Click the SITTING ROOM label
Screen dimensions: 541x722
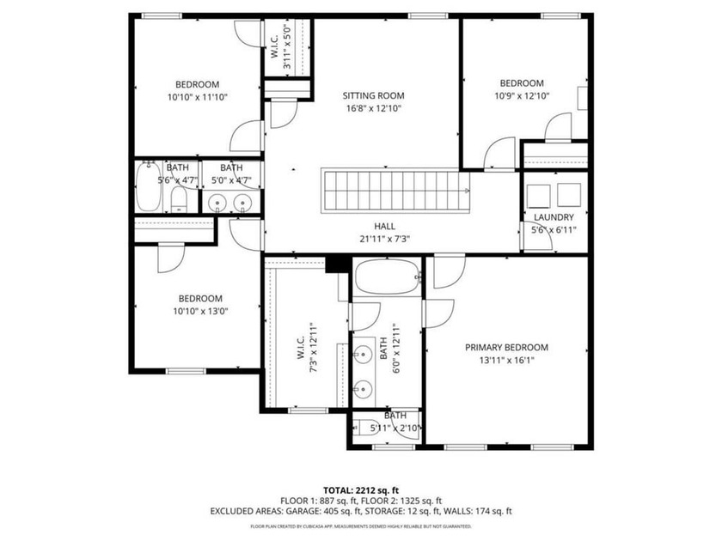tap(373, 95)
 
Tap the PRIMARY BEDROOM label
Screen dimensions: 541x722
tap(506, 347)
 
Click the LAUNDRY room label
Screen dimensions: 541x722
tap(553, 217)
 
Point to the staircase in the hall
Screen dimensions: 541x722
tap(395, 190)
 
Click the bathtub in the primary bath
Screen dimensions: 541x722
tap(386, 277)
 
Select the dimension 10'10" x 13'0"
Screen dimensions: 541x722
tap(197, 311)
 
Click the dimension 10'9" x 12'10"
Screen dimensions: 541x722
tap(523, 96)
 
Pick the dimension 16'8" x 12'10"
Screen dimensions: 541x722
tap(373, 108)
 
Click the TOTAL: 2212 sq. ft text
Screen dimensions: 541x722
tap(361, 489)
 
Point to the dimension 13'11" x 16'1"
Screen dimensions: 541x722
tap(506, 361)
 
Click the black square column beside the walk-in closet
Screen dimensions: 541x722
tap(336, 264)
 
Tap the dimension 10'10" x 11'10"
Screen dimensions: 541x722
tap(197, 97)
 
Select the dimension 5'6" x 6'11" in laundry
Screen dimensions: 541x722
tap(553, 230)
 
